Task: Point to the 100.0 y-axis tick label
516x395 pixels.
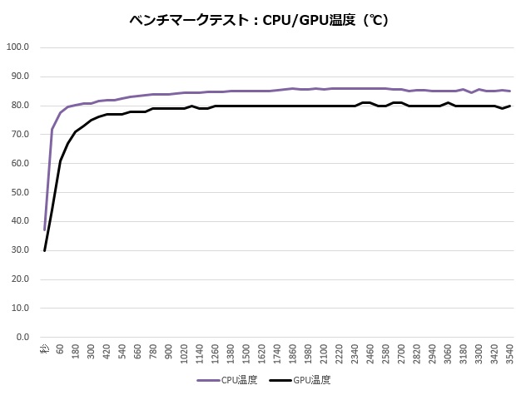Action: click(x=17, y=47)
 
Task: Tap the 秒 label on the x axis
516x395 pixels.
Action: click(x=45, y=350)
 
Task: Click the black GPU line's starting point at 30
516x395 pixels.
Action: click(x=45, y=250)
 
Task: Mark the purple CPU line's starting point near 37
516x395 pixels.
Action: click(x=45, y=230)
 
